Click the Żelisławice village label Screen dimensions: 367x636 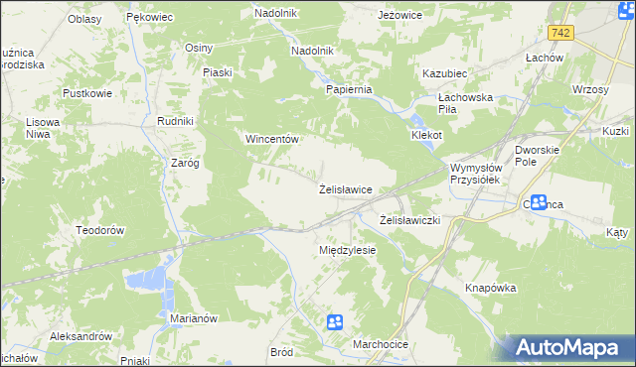point(345,188)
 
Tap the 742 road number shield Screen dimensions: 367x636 point(562,33)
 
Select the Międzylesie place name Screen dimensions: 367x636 point(347,250)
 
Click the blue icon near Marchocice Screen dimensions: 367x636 point(335,321)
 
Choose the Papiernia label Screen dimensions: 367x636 point(349,89)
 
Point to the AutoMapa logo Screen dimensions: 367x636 point(571,347)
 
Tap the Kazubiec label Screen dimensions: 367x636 point(444,74)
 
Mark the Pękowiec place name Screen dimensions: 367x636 point(151,18)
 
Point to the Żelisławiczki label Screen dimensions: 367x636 point(410,219)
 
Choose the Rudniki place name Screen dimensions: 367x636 point(175,121)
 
